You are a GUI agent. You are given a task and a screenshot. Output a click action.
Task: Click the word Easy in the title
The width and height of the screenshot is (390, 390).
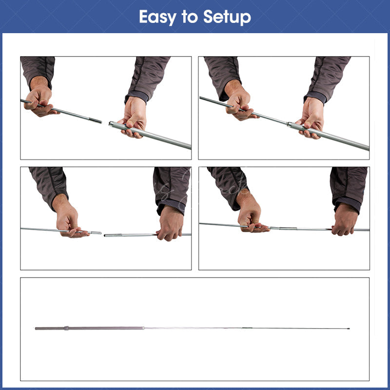(x=157, y=18)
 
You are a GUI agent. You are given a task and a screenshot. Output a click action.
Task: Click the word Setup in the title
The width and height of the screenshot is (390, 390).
(x=227, y=18)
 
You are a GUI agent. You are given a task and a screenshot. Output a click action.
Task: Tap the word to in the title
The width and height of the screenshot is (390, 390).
(x=190, y=17)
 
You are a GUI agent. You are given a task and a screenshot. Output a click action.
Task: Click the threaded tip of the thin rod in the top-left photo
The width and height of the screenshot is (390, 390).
(x=95, y=120)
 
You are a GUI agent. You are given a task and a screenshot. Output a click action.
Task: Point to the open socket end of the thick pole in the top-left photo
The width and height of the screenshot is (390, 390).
(x=111, y=124)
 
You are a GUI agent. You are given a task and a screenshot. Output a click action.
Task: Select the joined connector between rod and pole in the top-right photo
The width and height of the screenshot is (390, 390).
(x=289, y=124)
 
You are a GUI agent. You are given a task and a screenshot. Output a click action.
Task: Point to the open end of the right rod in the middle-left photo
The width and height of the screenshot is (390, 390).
(x=105, y=235)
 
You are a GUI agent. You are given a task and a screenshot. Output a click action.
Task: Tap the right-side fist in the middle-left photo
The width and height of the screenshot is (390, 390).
(x=170, y=224)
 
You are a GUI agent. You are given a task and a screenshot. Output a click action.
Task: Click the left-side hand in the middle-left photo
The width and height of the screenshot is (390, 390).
(x=68, y=219)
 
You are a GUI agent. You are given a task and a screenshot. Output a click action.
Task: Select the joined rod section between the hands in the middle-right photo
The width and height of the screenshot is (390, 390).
(x=300, y=229)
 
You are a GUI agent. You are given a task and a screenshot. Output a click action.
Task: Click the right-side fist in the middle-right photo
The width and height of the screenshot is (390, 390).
(x=345, y=220)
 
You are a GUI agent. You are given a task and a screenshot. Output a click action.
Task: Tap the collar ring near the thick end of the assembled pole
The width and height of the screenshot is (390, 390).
(x=66, y=328)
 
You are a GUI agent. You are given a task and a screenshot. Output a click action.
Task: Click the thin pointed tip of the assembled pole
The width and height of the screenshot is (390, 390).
(x=349, y=329)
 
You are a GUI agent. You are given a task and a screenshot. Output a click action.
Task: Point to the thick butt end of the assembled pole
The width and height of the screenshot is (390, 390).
(x=36, y=328)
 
